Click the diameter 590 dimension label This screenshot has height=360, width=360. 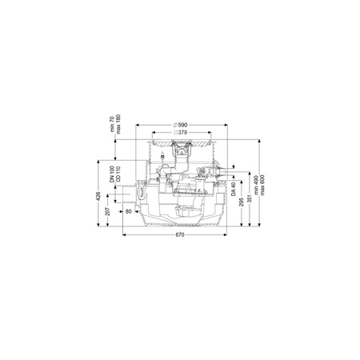point(180,125)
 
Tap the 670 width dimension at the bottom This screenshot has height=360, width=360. point(180,235)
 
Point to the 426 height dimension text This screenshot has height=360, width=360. point(98,196)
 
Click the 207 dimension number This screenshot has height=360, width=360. point(107,211)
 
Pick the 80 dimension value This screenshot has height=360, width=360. point(129,211)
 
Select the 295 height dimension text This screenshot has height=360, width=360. point(242,202)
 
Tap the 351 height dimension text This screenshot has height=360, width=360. point(250,198)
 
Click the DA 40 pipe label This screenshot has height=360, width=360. point(234,189)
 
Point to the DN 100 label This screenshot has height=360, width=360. point(112,174)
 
